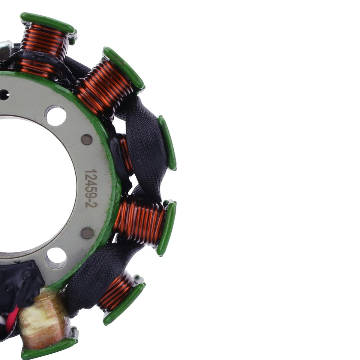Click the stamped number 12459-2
point(91,188)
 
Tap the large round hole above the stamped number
point(55,115)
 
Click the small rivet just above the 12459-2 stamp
point(87,139)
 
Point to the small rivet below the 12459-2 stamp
point(87,233)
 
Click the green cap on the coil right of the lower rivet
point(166,228)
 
